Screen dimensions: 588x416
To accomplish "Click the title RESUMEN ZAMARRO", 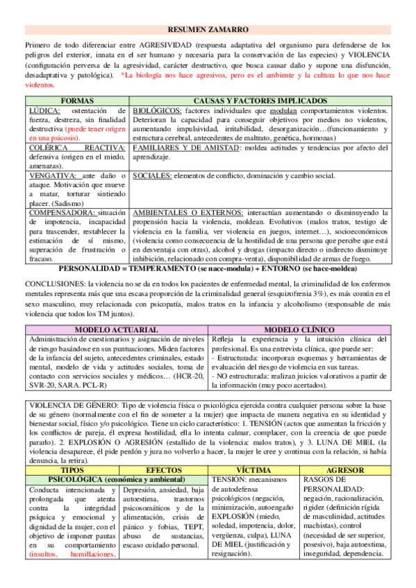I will coord(208,31).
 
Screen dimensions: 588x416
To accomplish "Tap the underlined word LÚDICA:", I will coord(44,110).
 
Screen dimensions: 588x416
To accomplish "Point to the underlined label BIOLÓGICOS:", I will coord(157,110).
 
